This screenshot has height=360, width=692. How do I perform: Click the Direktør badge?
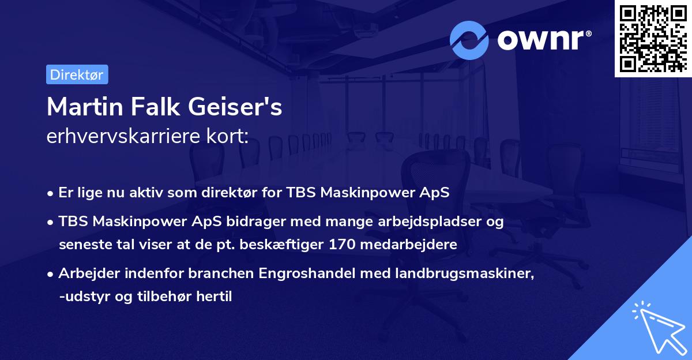[x=77, y=74]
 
